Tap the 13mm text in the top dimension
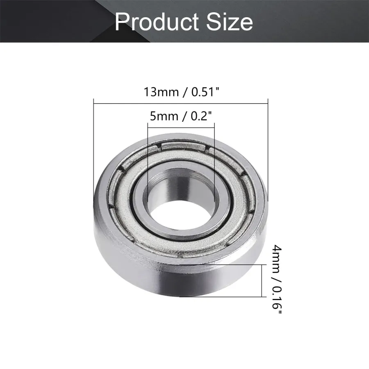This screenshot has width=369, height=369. click(161, 92)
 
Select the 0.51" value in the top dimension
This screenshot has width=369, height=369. click(205, 91)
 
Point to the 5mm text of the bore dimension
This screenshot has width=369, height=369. click(164, 116)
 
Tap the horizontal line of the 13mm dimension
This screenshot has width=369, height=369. click(181, 103)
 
